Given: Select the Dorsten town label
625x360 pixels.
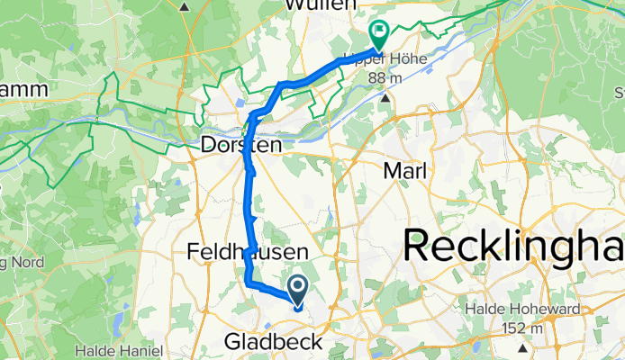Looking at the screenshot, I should click(x=241, y=144).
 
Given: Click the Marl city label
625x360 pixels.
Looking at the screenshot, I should click(x=405, y=169).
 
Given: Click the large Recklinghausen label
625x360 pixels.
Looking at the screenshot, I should click(x=513, y=245).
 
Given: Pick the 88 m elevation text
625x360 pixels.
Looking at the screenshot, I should click(x=385, y=78).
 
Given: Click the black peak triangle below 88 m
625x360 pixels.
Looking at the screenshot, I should click(x=386, y=96).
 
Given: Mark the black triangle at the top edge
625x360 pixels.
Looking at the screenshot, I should click(x=185, y=5).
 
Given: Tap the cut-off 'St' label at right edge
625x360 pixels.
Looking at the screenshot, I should click(x=619, y=92).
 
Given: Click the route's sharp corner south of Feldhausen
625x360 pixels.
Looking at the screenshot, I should click(x=247, y=283).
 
